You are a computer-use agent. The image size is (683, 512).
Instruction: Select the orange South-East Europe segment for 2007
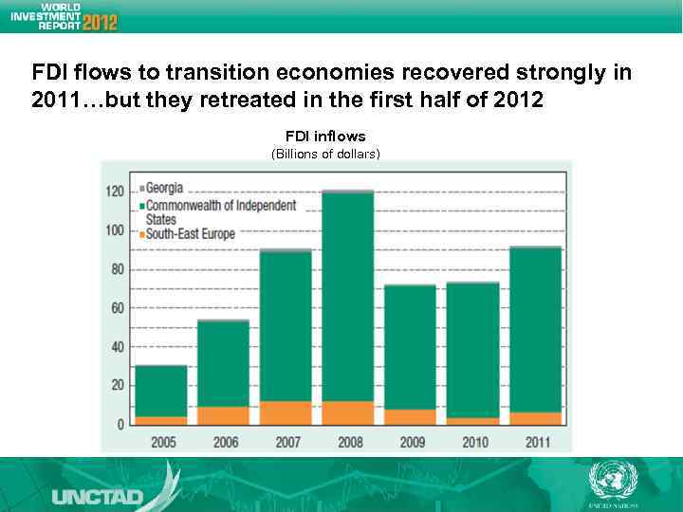click(x=285, y=412)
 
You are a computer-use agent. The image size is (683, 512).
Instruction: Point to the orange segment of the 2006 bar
click(x=223, y=415)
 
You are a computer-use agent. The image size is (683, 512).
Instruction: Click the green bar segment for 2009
click(x=410, y=347)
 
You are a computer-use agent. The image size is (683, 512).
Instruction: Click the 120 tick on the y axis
click(x=115, y=192)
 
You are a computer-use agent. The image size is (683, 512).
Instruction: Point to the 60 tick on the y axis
click(x=118, y=308)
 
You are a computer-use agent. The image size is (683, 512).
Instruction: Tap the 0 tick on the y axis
click(x=120, y=425)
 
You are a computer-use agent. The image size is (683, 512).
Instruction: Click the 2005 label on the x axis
click(x=162, y=441)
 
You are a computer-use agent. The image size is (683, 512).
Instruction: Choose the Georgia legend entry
click(x=164, y=188)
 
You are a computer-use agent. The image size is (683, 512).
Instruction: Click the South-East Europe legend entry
click(x=191, y=233)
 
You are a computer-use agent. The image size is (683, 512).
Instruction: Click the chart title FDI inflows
click(x=325, y=137)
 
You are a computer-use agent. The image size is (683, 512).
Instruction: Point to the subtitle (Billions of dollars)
click(x=325, y=154)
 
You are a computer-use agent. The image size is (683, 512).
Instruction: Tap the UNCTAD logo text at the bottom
click(x=98, y=496)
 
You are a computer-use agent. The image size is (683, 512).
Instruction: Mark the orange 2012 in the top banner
click(x=100, y=22)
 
